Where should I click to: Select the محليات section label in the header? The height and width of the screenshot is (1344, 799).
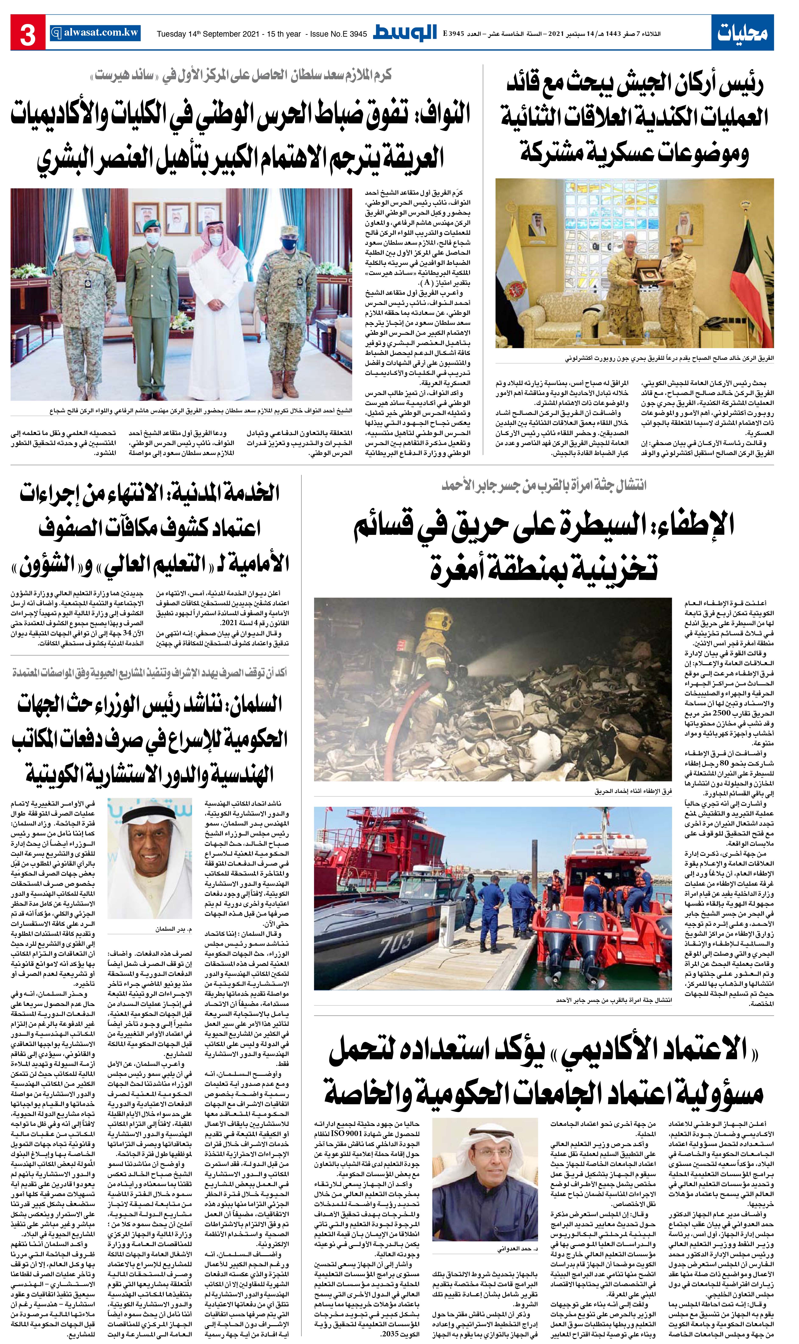point(742,33)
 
